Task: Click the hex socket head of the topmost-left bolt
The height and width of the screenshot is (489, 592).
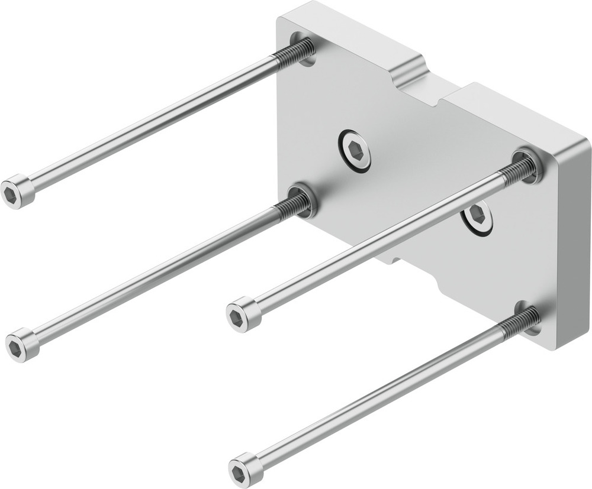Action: click(17, 192)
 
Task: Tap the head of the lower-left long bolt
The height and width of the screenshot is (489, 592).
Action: click(21, 345)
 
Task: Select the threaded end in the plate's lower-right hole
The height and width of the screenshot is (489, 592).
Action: click(521, 323)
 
